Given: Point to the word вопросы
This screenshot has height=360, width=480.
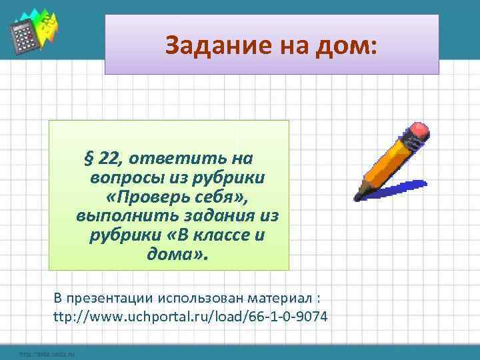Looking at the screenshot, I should click(123, 178).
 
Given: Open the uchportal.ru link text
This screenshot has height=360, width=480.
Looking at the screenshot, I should click(190, 316).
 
